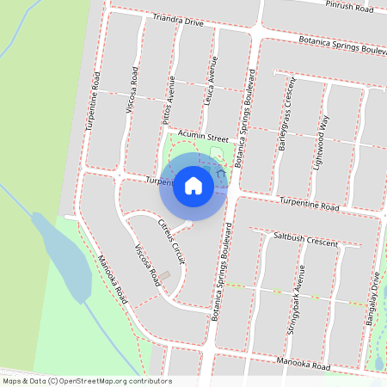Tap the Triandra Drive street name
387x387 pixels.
tap(178, 21)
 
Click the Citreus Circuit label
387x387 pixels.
tap(172, 240)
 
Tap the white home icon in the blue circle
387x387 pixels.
tap(193, 184)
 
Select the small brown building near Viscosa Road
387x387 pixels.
tap(164, 276)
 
